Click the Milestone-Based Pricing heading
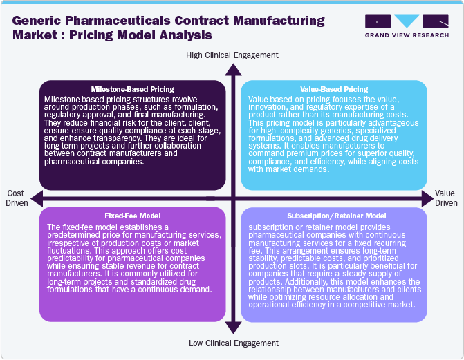pos(131,89)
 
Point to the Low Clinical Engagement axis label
pos(233,343)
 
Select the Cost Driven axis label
pos(18,198)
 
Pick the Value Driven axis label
pos(446,198)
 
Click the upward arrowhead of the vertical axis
pos(233,68)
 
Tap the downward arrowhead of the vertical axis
pos(233,330)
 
